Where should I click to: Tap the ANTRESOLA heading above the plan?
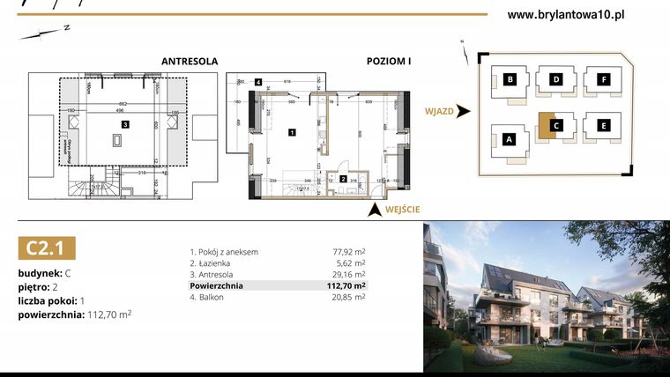click(x=189, y=62)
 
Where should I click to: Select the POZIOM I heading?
click(x=389, y=62)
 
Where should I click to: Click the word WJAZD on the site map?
click(x=439, y=112)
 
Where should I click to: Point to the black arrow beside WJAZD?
click(x=464, y=112)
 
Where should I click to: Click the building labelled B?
click(x=510, y=80)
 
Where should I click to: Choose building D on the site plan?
click(x=556, y=80)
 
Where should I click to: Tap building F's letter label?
click(x=603, y=80)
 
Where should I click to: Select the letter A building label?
click(x=509, y=138)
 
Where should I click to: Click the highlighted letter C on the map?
click(x=556, y=125)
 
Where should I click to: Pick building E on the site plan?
click(x=603, y=125)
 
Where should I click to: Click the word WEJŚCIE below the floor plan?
click(x=401, y=209)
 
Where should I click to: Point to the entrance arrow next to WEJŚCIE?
click(x=375, y=209)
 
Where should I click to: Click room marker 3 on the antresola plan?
click(x=126, y=124)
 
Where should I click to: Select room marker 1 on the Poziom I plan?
click(x=292, y=132)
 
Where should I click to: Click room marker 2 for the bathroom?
click(x=343, y=179)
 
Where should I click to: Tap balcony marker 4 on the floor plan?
click(x=258, y=82)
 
